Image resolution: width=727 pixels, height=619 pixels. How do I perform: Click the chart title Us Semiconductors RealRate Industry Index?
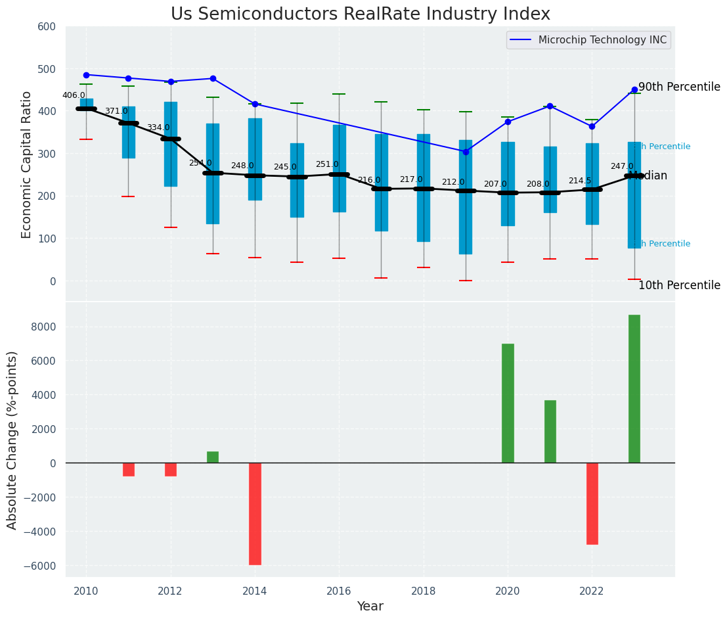click(360, 14)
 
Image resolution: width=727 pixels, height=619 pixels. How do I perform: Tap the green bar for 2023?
click(634, 389)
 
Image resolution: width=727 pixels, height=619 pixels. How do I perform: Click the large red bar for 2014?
click(255, 513)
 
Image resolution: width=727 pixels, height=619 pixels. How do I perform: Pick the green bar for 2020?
click(508, 403)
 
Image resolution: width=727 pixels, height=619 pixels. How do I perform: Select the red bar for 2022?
click(592, 503)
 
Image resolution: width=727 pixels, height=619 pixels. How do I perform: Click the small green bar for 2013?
click(213, 457)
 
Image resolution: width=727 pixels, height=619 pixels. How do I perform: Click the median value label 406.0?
click(74, 95)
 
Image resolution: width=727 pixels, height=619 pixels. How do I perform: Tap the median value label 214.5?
click(580, 181)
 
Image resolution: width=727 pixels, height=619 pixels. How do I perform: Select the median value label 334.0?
click(158, 127)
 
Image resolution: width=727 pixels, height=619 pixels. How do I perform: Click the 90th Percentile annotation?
click(679, 87)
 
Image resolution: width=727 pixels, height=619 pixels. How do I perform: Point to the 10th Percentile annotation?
click(679, 285)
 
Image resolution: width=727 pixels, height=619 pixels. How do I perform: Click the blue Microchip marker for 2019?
click(466, 152)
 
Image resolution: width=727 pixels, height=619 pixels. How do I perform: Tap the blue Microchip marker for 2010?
click(86, 75)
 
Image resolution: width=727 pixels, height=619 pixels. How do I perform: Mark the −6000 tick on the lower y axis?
click(45, 566)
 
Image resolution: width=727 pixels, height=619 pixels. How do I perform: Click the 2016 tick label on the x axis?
click(339, 591)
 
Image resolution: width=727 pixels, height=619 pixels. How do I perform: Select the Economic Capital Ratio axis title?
click(27, 164)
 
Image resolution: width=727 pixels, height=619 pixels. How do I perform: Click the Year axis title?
click(370, 607)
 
